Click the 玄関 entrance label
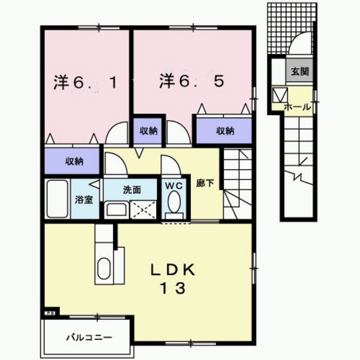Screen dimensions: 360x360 click(300, 72)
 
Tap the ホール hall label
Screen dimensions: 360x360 click(298, 107)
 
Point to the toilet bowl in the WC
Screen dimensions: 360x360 click(174, 201)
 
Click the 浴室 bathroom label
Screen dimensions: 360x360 click(84, 200)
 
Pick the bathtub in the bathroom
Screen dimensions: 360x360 click(57, 199)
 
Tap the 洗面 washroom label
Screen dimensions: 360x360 click(132, 190)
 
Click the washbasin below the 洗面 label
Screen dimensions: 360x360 click(116, 209)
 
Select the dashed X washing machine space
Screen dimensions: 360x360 click(143, 210)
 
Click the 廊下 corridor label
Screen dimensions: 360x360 click(205, 183)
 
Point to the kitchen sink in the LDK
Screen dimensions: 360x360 click(104, 269)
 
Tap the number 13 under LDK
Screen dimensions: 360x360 click(174, 289)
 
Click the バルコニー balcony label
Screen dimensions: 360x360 click(89, 337)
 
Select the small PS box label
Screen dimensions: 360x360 click(50, 312)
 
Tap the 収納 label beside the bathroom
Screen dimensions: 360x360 click(75, 161)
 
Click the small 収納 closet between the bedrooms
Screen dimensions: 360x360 click(148, 131)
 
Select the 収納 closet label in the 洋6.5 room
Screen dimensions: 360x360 click(225, 131)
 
